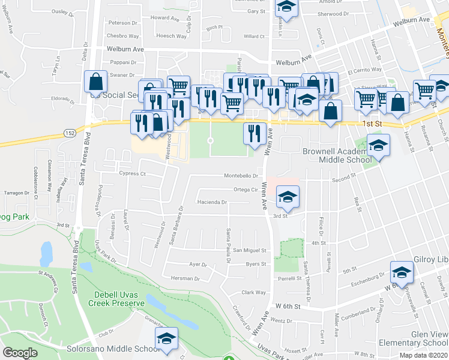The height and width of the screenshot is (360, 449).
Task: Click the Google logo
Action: click(x=20, y=353)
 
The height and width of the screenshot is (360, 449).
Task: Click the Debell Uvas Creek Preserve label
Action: click(x=119, y=299)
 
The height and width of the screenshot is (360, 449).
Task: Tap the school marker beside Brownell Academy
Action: click(x=378, y=145)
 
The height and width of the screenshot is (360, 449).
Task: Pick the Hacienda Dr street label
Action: click(x=211, y=202)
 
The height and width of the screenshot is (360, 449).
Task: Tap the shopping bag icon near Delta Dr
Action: click(x=96, y=82)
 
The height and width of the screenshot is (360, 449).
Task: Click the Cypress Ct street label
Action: click(x=133, y=173)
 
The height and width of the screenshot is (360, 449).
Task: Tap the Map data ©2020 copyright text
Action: click(x=424, y=355)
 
